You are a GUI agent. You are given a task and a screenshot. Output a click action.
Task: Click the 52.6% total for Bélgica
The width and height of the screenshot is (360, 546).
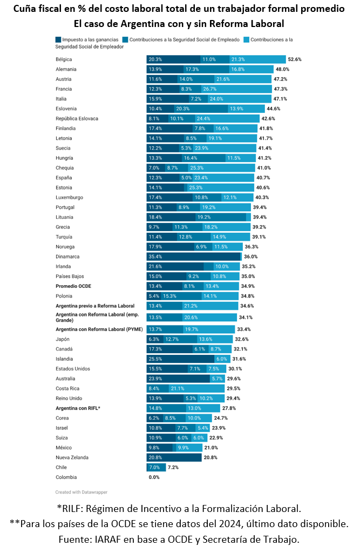click(295, 59)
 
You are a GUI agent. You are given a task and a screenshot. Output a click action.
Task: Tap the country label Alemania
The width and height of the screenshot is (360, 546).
click(66, 69)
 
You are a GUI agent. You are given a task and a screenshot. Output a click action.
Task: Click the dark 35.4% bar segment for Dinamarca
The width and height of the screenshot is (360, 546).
click(193, 257)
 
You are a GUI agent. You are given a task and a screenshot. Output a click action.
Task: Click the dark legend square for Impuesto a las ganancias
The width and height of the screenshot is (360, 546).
click(58, 39)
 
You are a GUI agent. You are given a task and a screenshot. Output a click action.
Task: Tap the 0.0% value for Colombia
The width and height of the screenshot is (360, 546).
click(154, 477)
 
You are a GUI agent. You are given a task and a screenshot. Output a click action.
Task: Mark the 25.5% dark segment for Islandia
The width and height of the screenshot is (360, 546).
click(180, 359)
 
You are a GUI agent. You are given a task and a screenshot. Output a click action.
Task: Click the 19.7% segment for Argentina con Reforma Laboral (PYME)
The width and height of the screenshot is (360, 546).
click(207, 329)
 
